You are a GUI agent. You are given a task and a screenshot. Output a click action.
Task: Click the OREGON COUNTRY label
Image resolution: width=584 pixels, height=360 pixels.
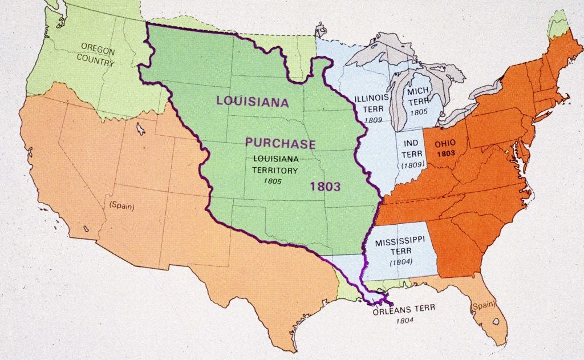click(98, 54)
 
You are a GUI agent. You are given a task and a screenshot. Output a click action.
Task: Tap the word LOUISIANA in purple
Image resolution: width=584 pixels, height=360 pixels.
click(252, 102)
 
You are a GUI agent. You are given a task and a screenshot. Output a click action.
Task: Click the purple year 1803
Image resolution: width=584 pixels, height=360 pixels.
click(326, 186)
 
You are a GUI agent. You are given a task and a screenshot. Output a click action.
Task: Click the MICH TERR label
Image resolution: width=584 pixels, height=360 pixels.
click(418, 96)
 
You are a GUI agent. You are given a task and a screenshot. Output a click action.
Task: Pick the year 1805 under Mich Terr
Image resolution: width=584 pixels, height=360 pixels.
click(419, 112)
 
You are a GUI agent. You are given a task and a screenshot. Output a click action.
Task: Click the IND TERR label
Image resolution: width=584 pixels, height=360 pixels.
click(412, 148)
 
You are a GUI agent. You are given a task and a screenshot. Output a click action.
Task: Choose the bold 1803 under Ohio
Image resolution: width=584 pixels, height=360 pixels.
click(445, 154)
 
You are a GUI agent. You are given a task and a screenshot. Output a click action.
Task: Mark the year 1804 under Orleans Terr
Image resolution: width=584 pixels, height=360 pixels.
click(405, 320)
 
